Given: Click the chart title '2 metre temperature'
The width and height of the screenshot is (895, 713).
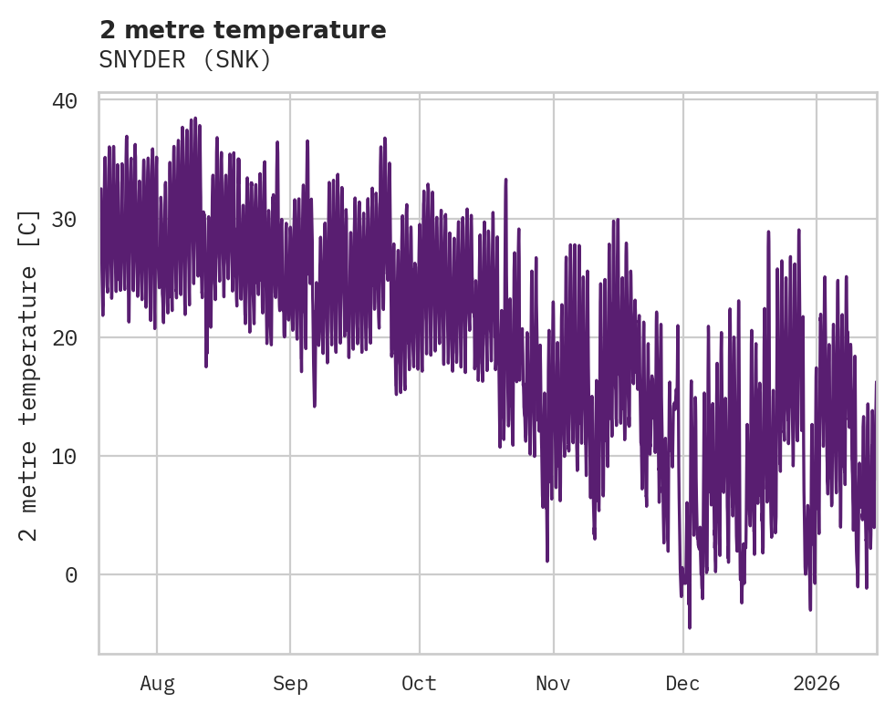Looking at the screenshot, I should point(243,30).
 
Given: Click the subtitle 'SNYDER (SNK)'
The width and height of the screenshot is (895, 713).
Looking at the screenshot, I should point(185,60).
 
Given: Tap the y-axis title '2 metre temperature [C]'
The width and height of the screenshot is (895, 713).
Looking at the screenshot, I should point(29,375).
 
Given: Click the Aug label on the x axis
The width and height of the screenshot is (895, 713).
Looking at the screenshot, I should point(157,684).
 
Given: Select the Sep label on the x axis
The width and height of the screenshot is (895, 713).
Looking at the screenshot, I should point(290,684).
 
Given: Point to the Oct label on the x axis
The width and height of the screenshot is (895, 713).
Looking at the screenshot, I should point(419,684).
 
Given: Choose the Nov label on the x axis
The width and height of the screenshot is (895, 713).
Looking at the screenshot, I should point(553,684).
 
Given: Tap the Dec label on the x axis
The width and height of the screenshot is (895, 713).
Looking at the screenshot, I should point(682,684).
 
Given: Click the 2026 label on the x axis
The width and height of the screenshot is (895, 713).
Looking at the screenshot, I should point(817,684).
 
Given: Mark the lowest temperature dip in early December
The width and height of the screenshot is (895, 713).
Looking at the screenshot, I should point(690,626).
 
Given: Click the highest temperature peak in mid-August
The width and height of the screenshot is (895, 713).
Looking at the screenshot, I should point(194,119).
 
